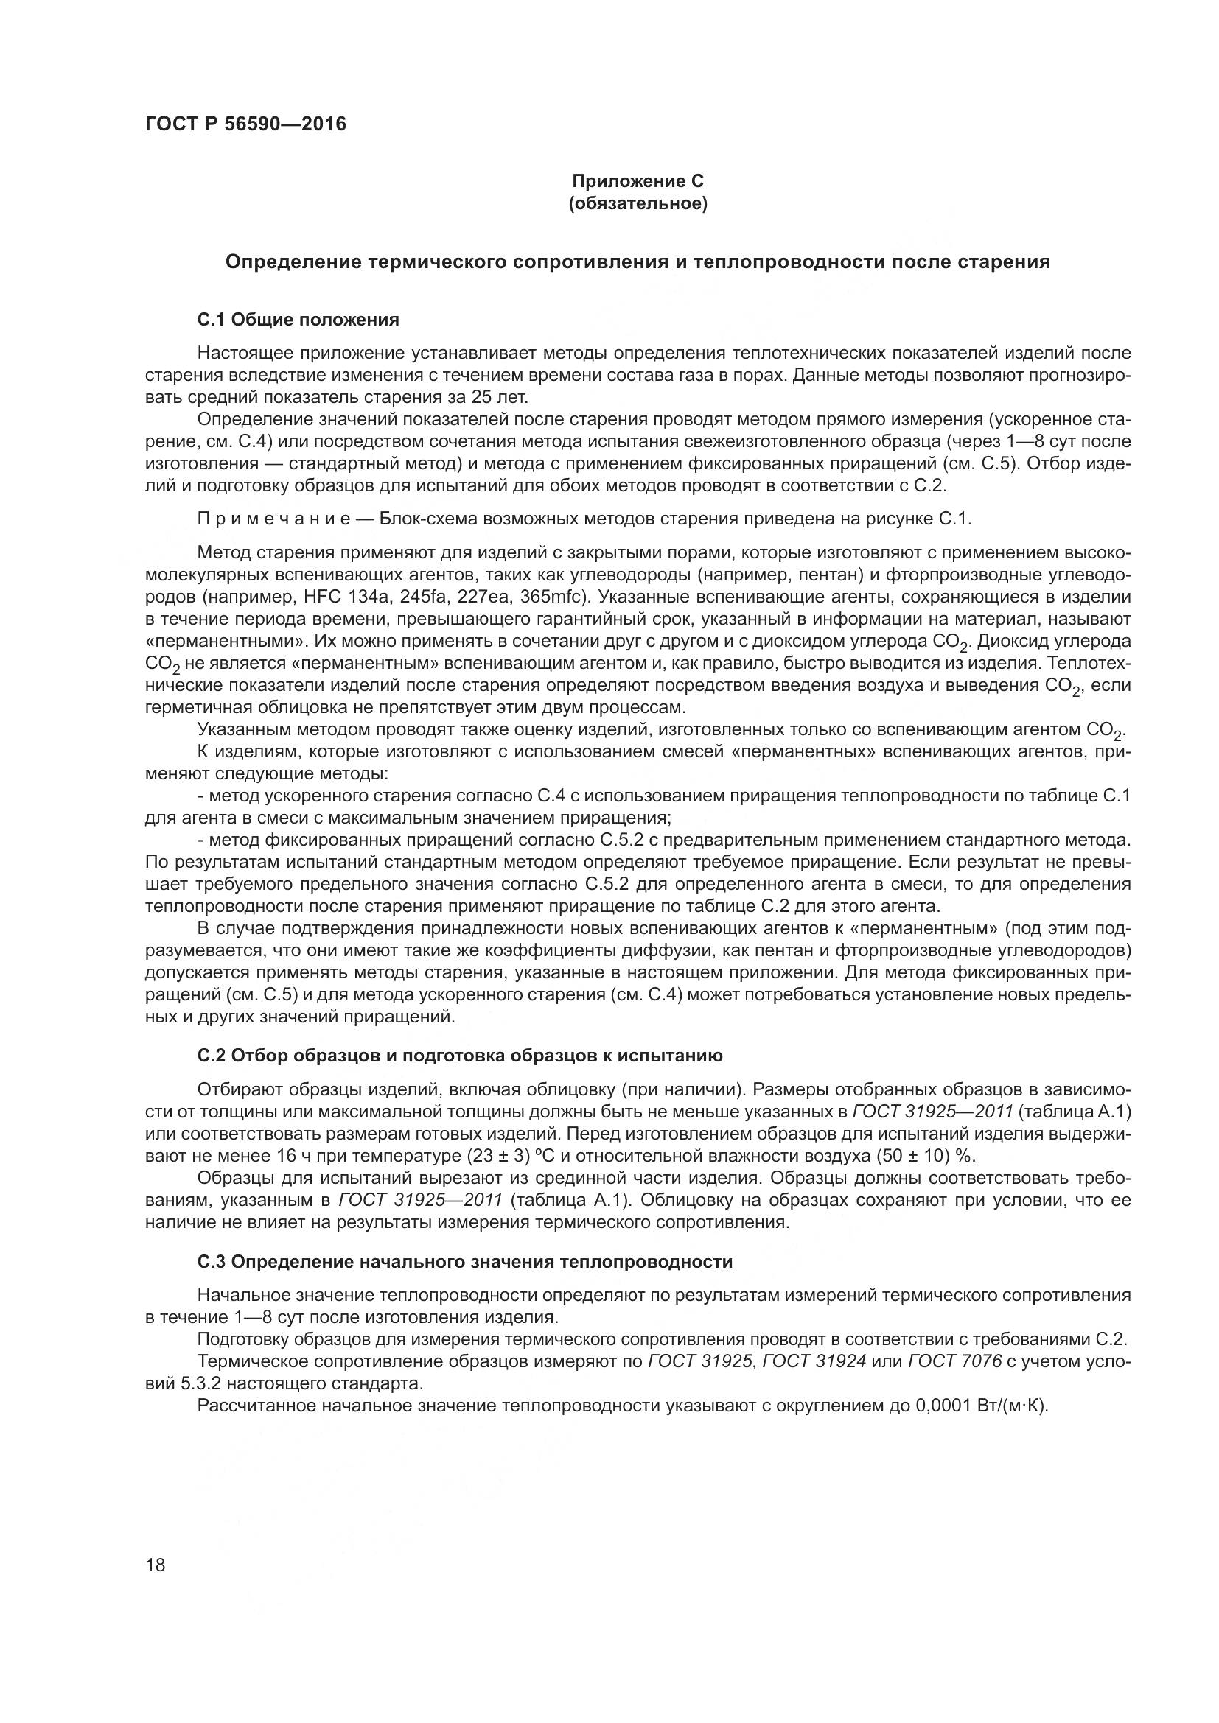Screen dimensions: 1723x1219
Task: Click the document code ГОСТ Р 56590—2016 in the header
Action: [245, 124]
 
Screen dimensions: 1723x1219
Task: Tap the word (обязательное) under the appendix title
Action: [638, 204]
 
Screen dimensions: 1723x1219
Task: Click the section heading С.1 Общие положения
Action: [298, 320]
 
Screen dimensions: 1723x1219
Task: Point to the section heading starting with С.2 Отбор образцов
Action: [459, 1056]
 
